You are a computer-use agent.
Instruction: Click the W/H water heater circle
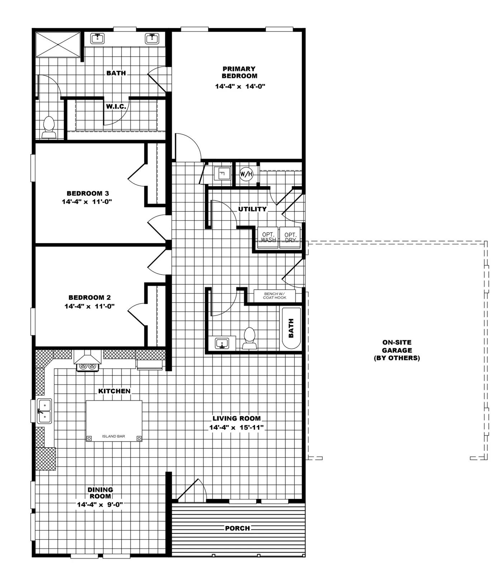246,174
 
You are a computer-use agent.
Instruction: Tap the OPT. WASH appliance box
268,237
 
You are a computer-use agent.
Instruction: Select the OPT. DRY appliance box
290,237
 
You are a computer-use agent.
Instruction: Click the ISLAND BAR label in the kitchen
114,436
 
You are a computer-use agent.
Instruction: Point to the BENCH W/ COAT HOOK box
275,296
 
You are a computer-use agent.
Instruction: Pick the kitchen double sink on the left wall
44,411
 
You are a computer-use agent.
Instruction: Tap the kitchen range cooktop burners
88,366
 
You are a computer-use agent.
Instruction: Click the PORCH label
237,528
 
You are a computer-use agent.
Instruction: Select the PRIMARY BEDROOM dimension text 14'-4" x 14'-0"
240,87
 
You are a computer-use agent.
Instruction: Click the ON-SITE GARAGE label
397,350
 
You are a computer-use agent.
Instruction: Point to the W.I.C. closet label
116,107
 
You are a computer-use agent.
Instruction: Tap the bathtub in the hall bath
291,328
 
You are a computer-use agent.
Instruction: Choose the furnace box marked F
222,174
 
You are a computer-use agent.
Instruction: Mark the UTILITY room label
252,209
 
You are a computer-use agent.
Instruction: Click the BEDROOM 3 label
87,193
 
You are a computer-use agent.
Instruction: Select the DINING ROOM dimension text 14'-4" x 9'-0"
100,504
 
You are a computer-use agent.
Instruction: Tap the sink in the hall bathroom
222,343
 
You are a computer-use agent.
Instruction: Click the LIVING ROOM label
236,418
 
